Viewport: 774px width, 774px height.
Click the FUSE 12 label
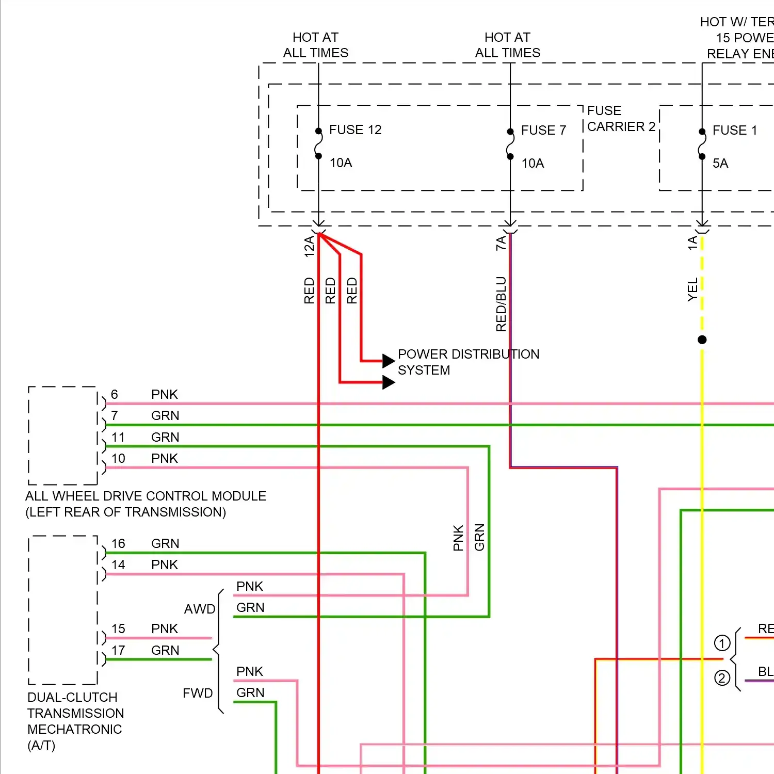point(355,130)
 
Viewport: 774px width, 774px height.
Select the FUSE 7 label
point(543,131)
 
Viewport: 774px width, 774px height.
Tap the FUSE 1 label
point(734,131)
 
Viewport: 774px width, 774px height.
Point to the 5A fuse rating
point(720,164)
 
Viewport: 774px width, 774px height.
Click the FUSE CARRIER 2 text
point(621,119)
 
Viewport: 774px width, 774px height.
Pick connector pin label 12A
point(309,247)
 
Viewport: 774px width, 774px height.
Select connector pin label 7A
point(501,243)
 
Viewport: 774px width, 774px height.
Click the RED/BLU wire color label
point(501,304)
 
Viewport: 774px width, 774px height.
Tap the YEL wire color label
point(692,289)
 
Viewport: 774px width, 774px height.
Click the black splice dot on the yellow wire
point(702,340)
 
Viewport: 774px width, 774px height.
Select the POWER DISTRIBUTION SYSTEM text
point(468,362)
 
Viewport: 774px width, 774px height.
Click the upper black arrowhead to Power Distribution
point(388,360)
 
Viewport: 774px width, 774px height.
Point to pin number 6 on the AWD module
point(115,395)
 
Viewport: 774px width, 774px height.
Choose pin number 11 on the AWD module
point(118,438)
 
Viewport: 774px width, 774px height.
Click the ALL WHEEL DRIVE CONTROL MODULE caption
point(146,504)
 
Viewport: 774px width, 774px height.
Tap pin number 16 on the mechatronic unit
point(118,544)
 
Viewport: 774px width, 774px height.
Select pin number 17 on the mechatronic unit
point(118,651)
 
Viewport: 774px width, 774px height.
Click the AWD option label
point(200,609)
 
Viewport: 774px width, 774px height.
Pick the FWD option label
point(198,694)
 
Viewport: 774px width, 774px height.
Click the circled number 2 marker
point(722,678)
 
